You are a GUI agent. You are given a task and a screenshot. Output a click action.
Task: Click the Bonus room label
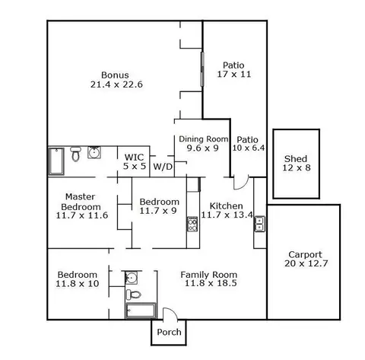coord(115,75)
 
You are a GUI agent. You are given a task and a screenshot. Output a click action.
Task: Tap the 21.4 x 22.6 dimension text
coord(116,84)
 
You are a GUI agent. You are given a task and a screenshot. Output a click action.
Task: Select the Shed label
coord(296,159)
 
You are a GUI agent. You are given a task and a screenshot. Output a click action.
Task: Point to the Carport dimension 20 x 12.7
coord(306,263)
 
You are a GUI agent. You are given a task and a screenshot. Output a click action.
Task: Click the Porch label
coord(169,332)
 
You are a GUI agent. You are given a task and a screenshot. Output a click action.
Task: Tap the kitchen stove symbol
coord(192,224)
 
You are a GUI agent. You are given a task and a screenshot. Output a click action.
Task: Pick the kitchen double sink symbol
coord(260,224)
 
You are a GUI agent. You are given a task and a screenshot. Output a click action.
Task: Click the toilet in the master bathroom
coord(75,154)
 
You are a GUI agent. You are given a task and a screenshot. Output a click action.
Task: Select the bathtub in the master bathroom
coord(56,161)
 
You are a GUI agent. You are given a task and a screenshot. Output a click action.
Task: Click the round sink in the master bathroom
coord(94,152)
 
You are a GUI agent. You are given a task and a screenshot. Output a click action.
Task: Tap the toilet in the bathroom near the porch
coord(134,295)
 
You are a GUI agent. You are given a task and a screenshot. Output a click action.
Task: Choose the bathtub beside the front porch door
coord(141,311)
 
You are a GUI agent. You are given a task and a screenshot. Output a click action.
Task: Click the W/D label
coord(163,167)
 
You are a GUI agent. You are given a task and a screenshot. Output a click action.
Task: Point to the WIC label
coord(134,158)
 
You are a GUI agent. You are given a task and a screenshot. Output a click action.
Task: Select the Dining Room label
coord(204,139)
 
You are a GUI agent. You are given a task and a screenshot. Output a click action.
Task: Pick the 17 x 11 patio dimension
coord(234,75)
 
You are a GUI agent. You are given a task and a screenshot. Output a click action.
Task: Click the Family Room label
coord(209,275)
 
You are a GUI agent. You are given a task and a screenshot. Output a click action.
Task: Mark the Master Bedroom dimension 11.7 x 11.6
coord(82,215)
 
